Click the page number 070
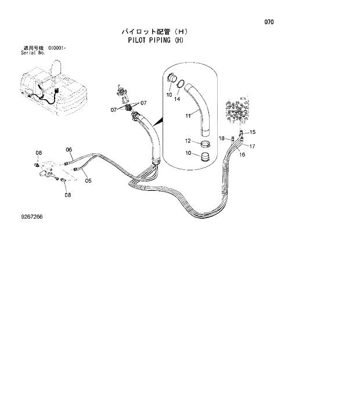coord(269,23)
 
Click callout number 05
coord(88,180)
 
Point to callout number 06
coord(69,150)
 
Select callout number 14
coord(178,100)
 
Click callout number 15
coord(253,132)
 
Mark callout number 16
coord(242,155)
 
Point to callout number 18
coord(222,138)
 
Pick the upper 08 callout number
coord(39,153)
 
